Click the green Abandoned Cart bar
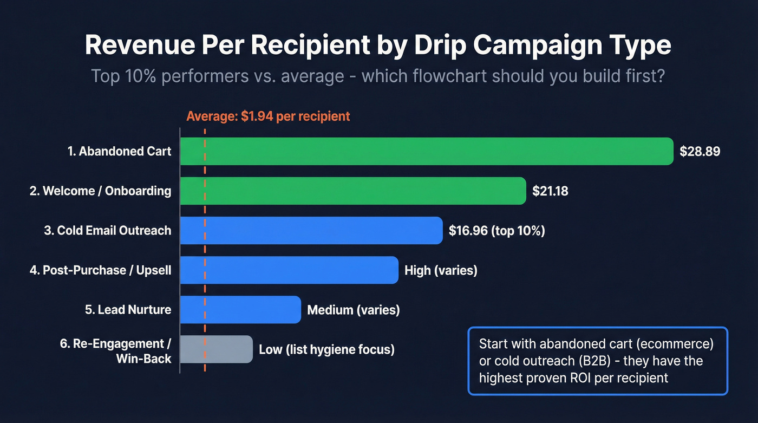(x=426, y=151)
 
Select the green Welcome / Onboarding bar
(x=352, y=191)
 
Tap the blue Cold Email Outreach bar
(x=311, y=231)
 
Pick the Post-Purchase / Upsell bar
(x=289, y=270)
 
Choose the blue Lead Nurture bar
(x=240, y=310)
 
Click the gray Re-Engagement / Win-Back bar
(x=217, y=349)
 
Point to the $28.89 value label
(x=700, y=152)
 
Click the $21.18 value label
(x=550, y=191)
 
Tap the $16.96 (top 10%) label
(x=496, y=231)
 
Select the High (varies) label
(x=441, y=270)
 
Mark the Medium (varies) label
(x=353, y=310)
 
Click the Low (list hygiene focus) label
(x=326, y=349)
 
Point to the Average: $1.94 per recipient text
(x=268, y=116)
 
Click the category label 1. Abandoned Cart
(x=119, y=152)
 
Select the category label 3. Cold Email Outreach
(x=107, y=231)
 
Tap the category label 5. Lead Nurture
(x=128, y=310)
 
